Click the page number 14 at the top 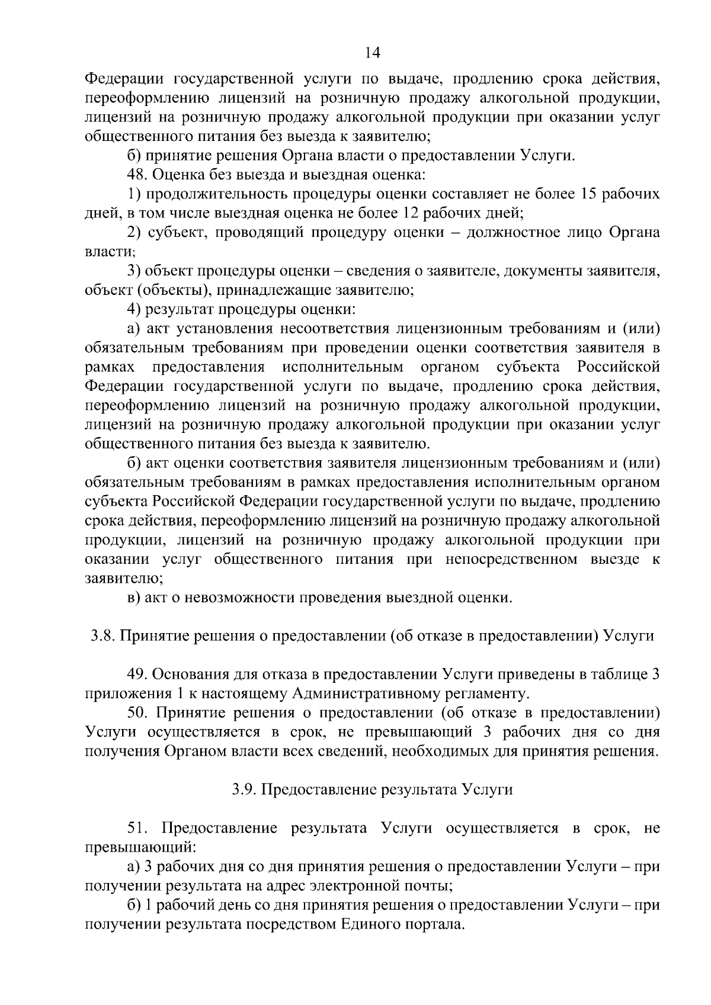372,53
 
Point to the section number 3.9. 244,789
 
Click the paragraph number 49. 137,675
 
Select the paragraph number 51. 137,828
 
